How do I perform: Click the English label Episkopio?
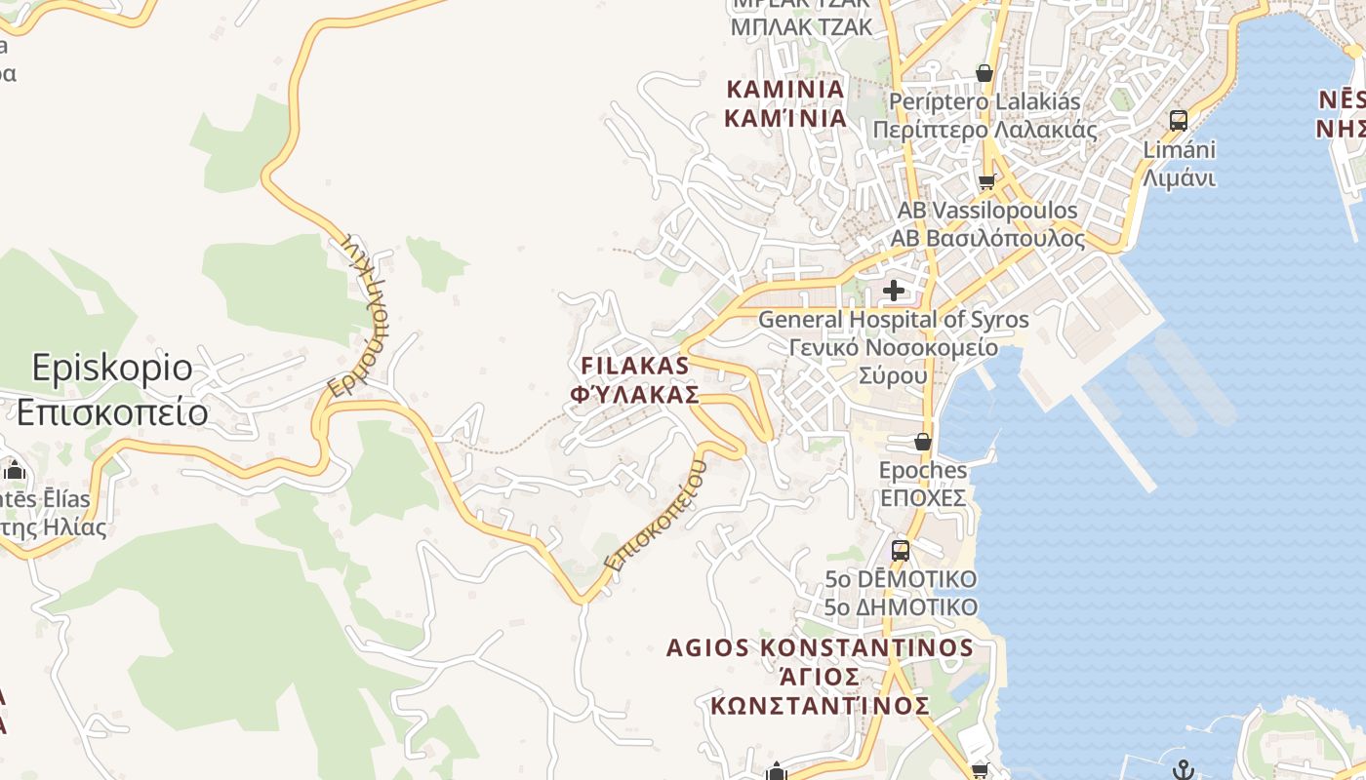coord(112,369)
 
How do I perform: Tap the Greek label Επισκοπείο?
coord(112,412)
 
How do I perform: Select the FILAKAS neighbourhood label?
coord(634,366)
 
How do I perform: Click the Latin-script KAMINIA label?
coord(785,90)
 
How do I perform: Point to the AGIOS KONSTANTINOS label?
coord(820,648)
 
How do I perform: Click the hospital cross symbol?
coord(893,291)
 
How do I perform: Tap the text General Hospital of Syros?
coord(893,319)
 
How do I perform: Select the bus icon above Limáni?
coord(1179,121)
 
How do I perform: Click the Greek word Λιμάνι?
coord(1179,178)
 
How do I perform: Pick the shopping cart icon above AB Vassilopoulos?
coord(986,182)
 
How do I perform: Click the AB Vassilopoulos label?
coord(986,211)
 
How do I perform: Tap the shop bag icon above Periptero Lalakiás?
coord(984,73)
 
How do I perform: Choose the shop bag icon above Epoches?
coord(922,442)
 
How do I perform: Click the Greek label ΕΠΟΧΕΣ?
coord(923,498)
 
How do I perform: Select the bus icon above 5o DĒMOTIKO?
coord(900,550)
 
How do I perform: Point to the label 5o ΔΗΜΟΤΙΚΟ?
coord(900,607)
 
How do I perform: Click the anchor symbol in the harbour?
coord(1183,769)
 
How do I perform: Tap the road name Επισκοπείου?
coord(655,516)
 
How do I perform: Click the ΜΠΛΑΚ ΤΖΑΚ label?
coord(801,26)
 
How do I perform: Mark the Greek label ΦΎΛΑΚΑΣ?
coord(634,395)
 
